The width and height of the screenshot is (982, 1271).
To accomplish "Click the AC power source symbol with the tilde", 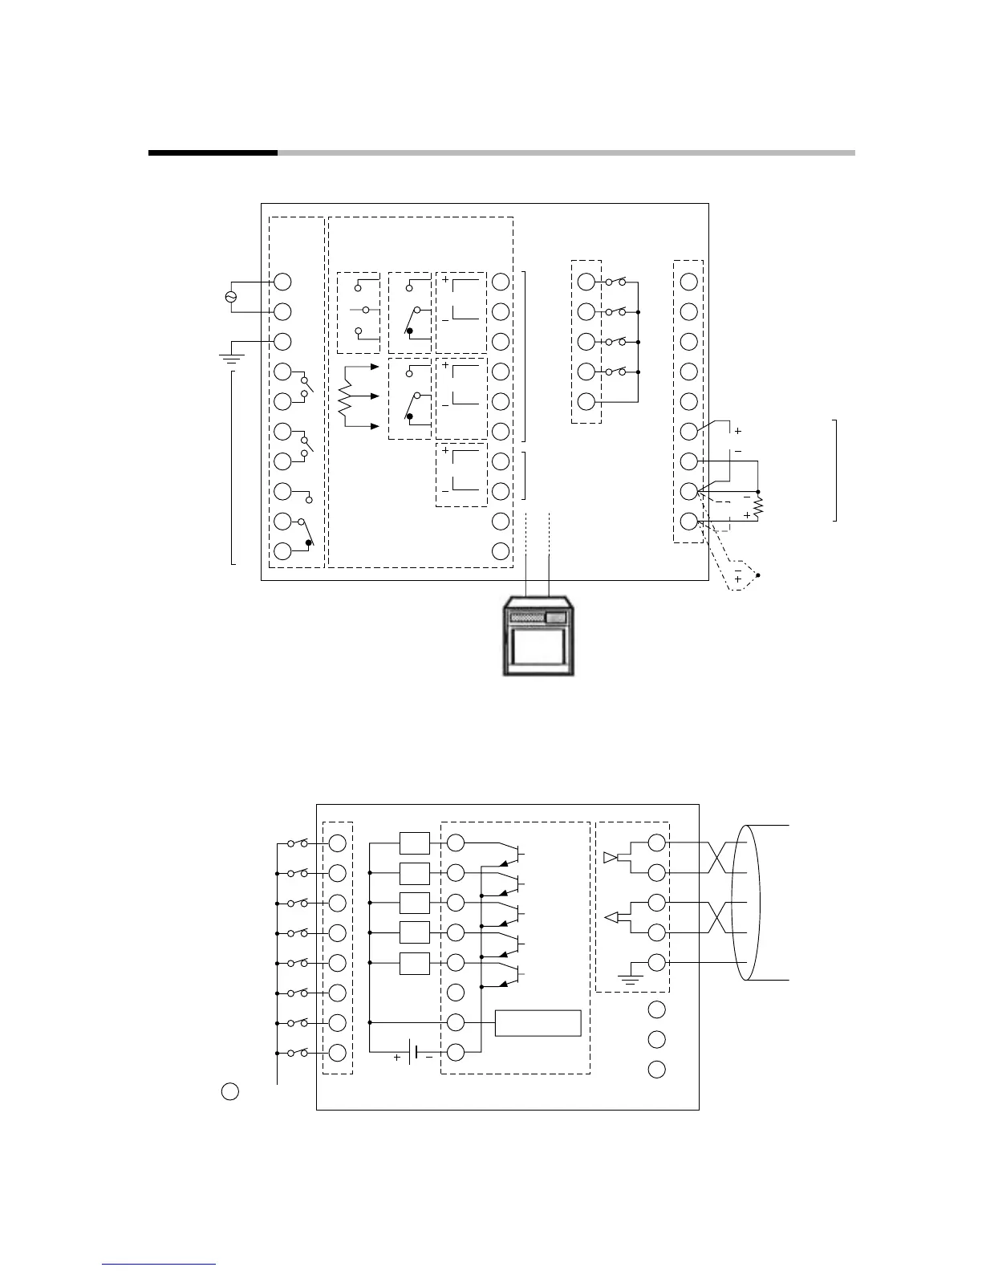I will (x=231, y=297).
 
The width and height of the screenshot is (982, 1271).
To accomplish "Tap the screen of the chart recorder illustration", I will (x=536, y=647).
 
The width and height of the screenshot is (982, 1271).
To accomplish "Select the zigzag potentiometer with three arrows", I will (x=346, y=397).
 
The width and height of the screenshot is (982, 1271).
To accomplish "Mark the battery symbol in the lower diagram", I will (x=414, y=1052).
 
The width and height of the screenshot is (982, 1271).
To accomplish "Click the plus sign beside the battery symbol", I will (x=397, y=1058).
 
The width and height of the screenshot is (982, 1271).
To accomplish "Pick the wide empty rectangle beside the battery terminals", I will (x=538, y=1023).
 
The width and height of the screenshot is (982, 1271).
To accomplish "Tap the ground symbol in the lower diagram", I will (x=630, y=979).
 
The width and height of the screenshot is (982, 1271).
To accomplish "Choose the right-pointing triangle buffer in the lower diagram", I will (x=611, y=858).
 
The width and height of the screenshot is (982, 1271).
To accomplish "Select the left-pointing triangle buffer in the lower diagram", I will (x=611, y=918).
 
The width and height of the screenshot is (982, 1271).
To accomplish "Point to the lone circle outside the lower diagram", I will (x=229, y=1091).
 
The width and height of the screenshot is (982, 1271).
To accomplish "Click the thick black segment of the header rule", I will (x=213, y=152).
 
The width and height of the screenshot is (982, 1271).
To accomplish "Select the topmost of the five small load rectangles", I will (x=414, y=843).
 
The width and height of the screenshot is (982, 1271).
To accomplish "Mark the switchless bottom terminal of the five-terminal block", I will (x=586, y=401).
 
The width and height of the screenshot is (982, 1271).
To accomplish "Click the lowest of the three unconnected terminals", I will (x=656, y=1069).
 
